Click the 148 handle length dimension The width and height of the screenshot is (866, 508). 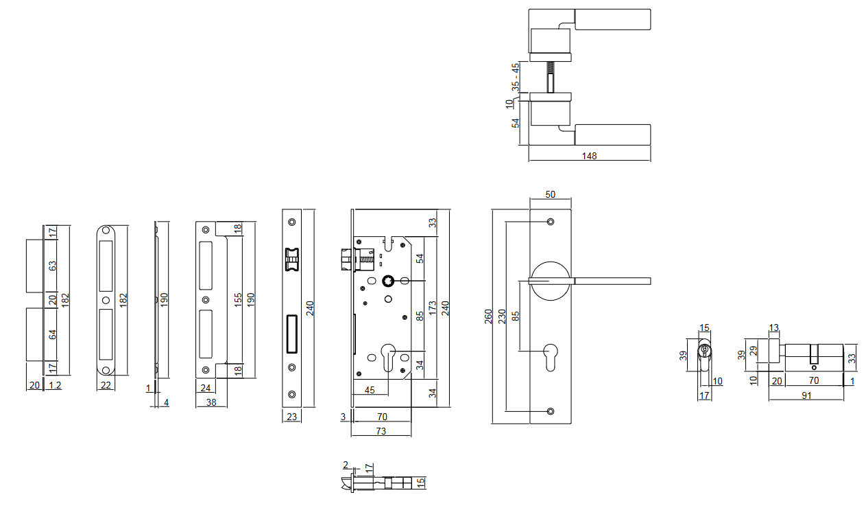(x=589, y=156)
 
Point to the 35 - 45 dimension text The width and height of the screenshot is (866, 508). (x=516, y=77)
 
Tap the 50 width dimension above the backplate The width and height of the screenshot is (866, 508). (x=550, y=194)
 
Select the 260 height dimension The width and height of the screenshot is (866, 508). (x=488, y=316)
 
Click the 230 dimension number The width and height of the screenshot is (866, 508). (x=502, y=316)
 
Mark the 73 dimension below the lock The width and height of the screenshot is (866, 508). (x=381, y=431)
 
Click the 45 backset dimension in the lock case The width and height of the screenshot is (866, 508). (x=370, y=390)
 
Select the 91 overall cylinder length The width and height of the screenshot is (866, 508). (x=806, y=395)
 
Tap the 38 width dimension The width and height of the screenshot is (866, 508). (x=211, y=402)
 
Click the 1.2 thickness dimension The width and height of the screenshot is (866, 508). (x=55, y=386)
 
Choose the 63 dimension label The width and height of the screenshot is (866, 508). (x=53, y=266)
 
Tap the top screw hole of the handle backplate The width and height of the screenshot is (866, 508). (x=550, y=222)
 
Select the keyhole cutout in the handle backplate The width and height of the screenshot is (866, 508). (x=550, y=358)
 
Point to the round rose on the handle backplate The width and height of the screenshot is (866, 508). (x=550, y=280)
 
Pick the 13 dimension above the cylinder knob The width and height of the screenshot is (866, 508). (x=774, y=327)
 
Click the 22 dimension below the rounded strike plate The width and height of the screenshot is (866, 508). (x=106, y=386)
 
